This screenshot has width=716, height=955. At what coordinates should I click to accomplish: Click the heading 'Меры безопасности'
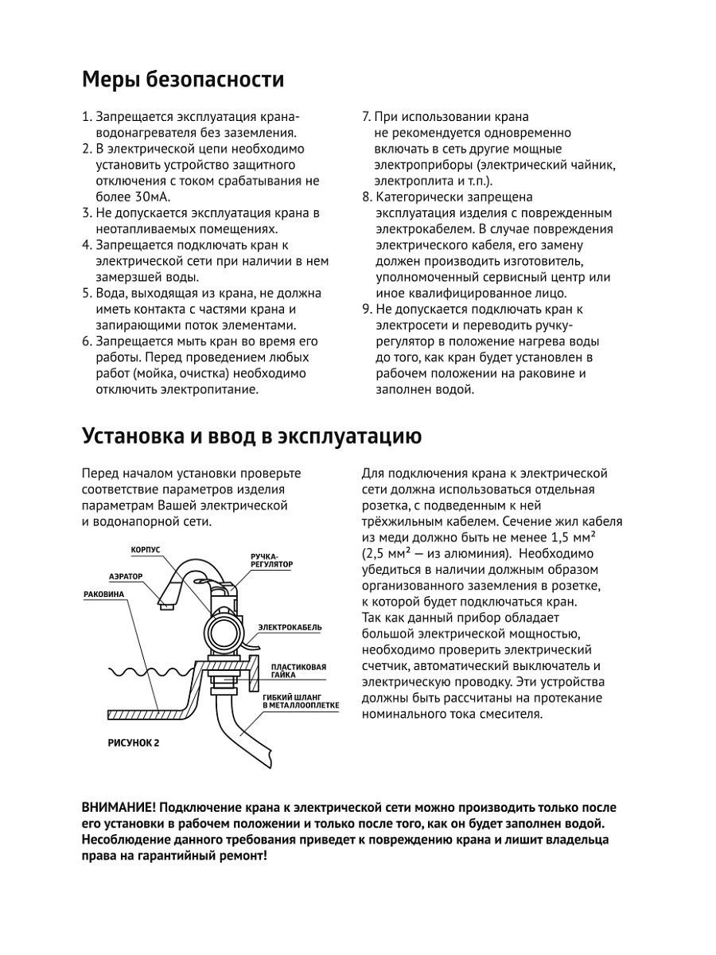[183, 80]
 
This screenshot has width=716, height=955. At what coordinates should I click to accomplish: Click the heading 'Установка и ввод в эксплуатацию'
[251, 437]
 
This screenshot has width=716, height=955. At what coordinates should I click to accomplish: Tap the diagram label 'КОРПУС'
[146, 550]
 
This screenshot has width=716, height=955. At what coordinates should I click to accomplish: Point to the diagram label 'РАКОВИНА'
[104, 594]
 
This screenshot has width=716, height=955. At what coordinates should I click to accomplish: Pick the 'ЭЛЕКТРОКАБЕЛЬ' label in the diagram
[289, 627]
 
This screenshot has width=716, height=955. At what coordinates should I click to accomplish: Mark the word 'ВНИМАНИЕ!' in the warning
[116, 807]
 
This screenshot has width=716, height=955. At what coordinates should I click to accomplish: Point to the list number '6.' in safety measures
[87, 341]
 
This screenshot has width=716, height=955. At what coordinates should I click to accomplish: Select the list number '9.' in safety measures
[367, 309]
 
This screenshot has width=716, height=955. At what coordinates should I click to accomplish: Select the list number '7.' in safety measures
[367, 117]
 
